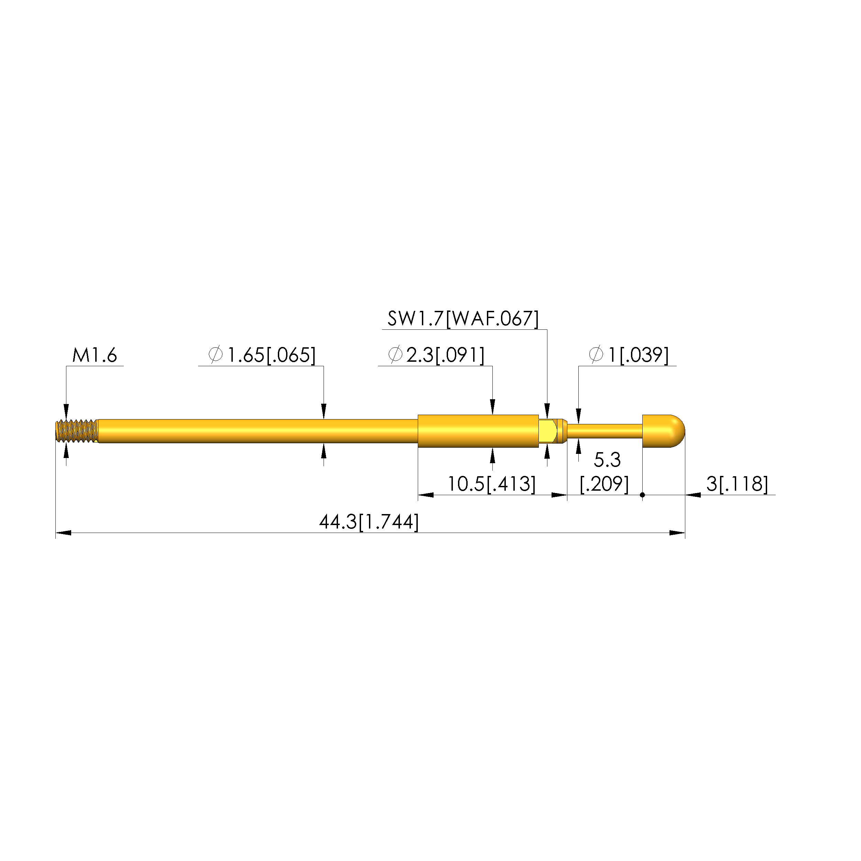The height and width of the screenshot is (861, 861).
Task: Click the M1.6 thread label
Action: pyautogui.click(x=95, y=355)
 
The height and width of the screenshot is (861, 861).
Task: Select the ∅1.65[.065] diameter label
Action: pyautogui.click(x=262, y=355)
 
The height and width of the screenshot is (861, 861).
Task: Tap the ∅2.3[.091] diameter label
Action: pyautogui.click(x=437, y=355)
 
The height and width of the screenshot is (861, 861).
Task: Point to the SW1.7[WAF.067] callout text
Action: pyautogui.click(x=464, y=319)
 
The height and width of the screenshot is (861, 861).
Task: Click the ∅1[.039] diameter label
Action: pyautogui.click(x=629, y=355)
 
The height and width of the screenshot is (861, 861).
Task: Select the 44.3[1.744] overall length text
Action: pyautogui.click(x=369, y=522)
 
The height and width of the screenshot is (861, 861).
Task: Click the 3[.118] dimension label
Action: pyautogui.click(x=738, y=484)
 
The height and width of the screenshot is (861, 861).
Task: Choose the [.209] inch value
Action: pyautogui.click(x=604, y=484)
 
